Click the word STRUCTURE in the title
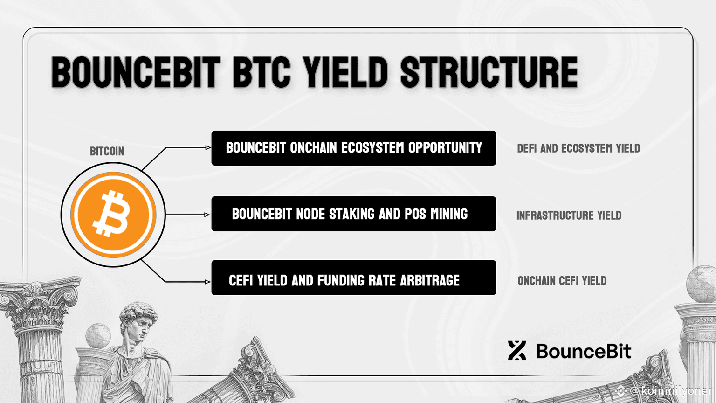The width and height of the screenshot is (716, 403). pos(489,72)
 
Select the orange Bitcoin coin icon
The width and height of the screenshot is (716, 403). pos(113,214)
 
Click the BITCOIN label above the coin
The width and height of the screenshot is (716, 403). pos(107,151)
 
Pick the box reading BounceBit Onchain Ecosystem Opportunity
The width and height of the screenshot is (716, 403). pos(354,148)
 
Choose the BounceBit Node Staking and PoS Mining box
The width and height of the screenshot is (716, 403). pos(354,214)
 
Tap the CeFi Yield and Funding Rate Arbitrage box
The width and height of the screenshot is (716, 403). pos(354,278)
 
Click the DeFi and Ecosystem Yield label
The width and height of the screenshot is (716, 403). pos(578,148)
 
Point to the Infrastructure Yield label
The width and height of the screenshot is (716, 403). pos(569,215)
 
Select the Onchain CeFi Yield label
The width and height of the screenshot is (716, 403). pos(562,280)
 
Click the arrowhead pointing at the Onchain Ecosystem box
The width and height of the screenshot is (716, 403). pos(208,147)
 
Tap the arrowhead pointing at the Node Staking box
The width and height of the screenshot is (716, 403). pos(207,215)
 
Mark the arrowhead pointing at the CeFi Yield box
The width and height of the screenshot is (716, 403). pos(208,282)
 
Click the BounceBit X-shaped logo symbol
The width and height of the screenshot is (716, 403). pos(517,351)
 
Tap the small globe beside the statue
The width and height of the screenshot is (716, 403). pos(98,335)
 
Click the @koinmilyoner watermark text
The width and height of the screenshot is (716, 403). pos(671,390)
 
